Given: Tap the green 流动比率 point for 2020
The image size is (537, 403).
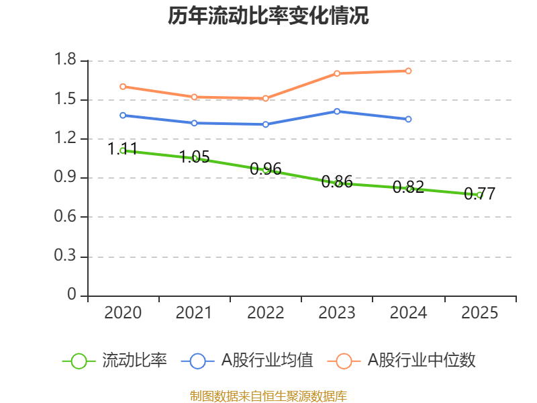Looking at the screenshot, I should point(123,150).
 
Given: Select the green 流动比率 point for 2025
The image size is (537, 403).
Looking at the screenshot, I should point(480,195).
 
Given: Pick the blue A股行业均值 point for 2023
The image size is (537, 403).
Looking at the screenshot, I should point(337,111).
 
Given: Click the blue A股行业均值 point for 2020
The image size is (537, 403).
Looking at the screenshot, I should point(123,116).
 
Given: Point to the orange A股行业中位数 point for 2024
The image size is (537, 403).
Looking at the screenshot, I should point(409,71).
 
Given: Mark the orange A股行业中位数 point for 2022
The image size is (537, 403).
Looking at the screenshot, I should point(266,98).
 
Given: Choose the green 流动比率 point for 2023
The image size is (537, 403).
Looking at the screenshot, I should point(338,183).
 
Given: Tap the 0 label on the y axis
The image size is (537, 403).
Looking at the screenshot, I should point(72,296).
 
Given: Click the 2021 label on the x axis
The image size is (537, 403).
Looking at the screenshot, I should point(195,313).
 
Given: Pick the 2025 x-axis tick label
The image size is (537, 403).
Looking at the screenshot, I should point(480,313).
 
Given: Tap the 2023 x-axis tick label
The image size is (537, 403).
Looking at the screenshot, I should point(337,313).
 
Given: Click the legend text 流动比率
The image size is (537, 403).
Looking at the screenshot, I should point(134,361).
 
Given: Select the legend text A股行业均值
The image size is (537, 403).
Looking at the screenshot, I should point(268,361).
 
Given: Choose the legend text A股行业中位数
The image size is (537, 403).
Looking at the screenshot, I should point(422,361).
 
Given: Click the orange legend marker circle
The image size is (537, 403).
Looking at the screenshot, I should point(344,361).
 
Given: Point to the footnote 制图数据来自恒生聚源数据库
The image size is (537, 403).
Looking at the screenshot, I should point(268,396).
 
